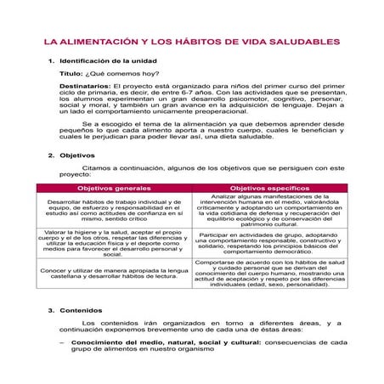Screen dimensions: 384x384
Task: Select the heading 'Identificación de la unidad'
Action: [x=106, y=62]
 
